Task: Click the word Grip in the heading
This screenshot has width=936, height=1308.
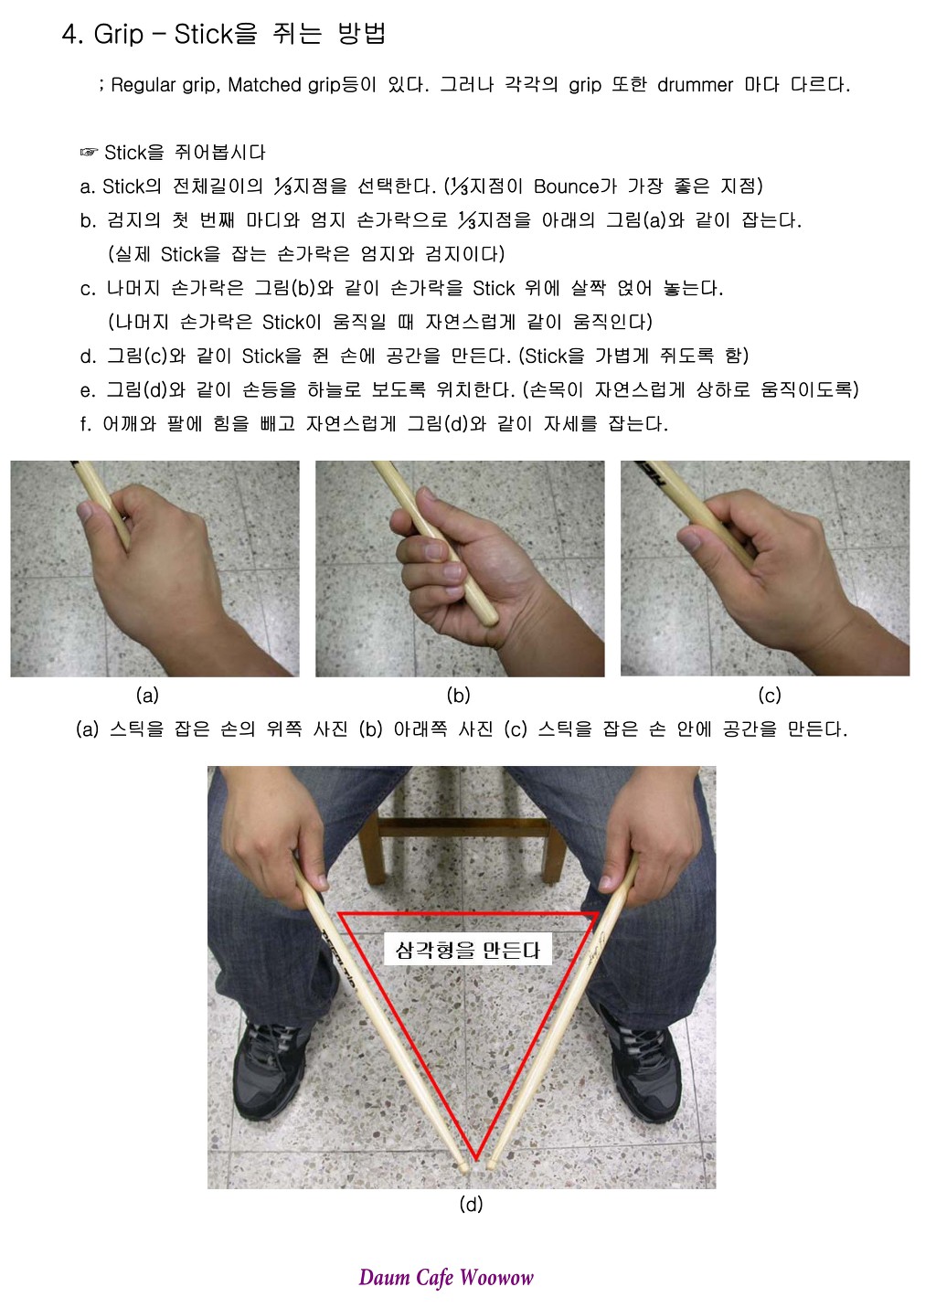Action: tap(118, 35)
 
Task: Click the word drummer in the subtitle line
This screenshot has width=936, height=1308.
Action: tap(695, 85)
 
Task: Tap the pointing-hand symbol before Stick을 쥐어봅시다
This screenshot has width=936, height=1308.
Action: tap(89, 153)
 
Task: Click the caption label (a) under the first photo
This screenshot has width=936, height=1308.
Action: tap(147, 695)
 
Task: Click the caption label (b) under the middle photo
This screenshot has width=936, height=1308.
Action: tap(458, 695)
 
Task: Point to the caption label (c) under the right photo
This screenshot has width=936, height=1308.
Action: tap(769, 695)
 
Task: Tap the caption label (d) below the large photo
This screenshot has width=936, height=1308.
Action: tap(471, 1204)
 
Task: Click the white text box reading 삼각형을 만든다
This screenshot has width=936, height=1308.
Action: tap(467, 950)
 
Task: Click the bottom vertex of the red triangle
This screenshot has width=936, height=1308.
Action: tap(476, 1158)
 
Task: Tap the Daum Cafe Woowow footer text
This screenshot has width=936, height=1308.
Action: tap(446, 1277)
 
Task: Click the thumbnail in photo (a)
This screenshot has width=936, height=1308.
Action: tap(86, 510)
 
